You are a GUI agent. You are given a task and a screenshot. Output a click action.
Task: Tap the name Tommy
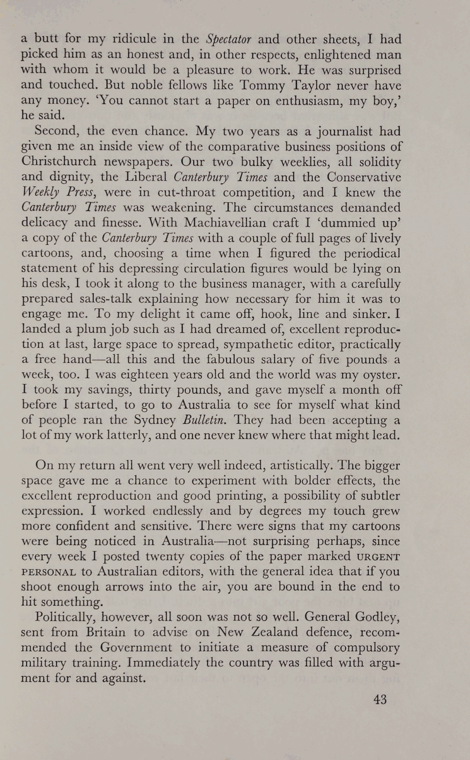tap(259, 86)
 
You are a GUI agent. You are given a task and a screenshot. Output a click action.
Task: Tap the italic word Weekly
tap(42, 193)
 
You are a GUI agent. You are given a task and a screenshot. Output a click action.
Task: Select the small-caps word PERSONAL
tap(49, 572)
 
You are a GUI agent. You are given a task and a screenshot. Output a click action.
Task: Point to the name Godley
tap(378, 617)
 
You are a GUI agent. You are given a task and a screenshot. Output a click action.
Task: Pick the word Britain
tap(105, 632)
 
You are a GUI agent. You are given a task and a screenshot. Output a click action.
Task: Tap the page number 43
tap(380, 700)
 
